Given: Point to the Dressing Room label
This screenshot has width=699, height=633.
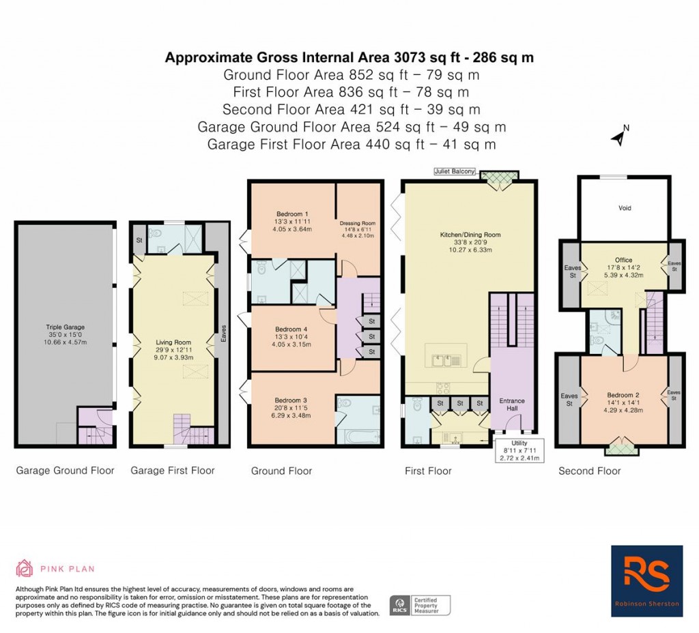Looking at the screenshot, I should pyautogui.click(x=358, y=223).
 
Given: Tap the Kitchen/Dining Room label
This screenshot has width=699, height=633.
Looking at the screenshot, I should pyautogui.click(x=470, y=235).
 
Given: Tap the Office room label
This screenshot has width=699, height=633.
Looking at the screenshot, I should pyautogui.click(x=623, y=260).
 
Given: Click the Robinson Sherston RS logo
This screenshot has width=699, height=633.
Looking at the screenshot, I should pyautogui.click(x=646, y=580).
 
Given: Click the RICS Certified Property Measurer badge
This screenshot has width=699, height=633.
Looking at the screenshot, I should pyautogui.click(x=420, y=604).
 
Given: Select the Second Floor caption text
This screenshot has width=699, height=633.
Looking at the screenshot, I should pyautogui.click(x=590, y=471).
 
